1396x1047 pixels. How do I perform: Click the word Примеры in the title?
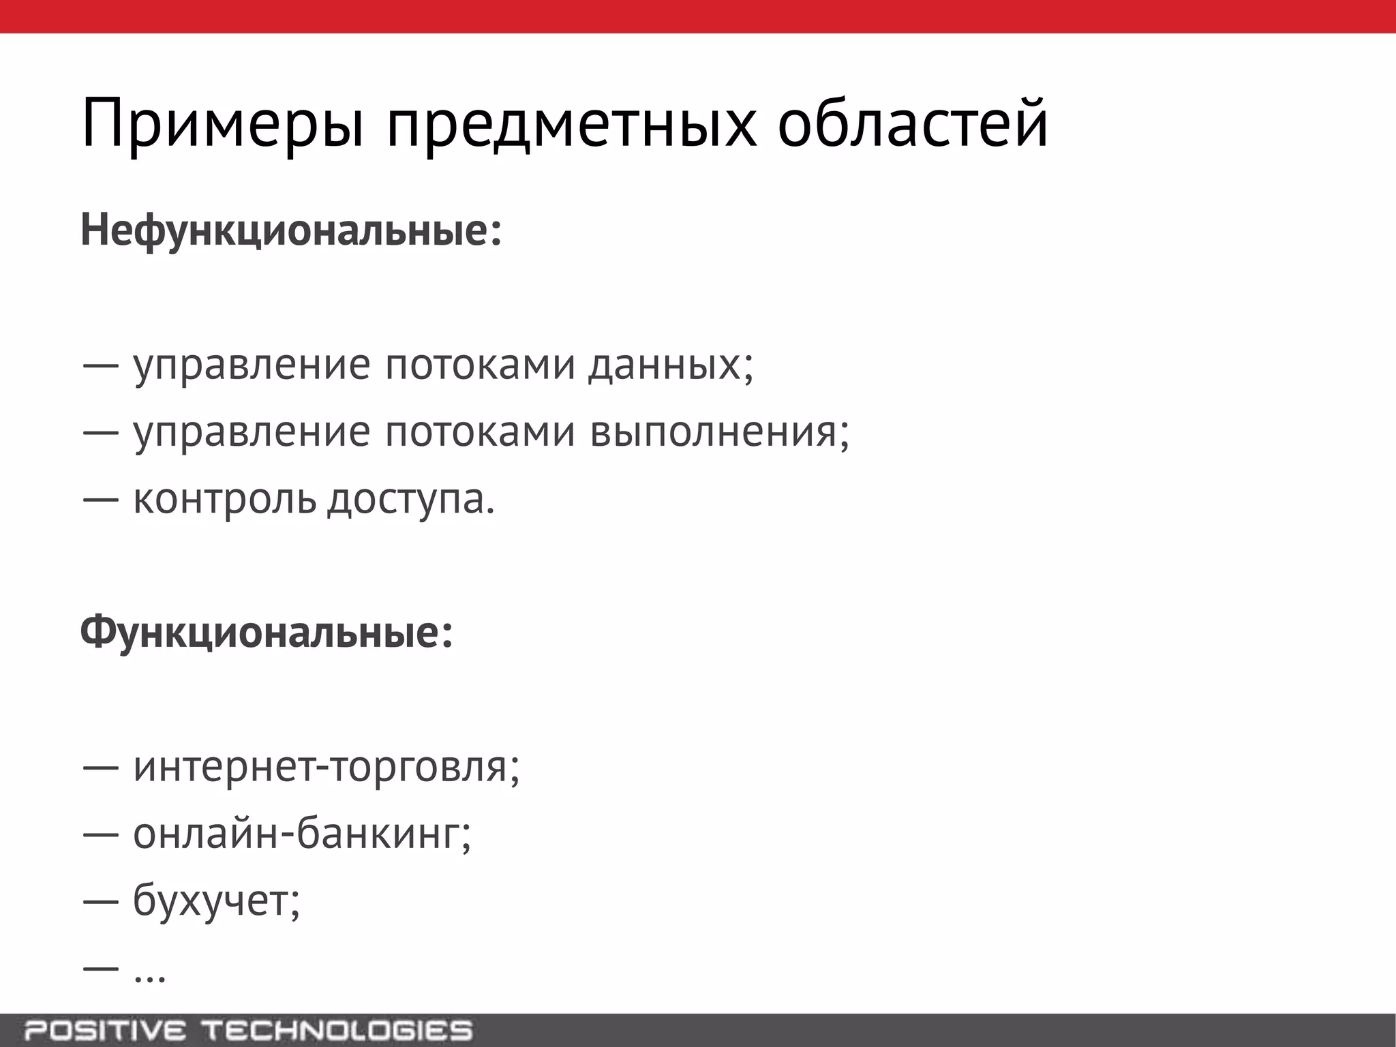(x=222, y=124)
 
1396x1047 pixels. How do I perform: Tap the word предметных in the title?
(x=571, y=124)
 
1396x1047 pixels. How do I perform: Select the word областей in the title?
(x=912, y=124)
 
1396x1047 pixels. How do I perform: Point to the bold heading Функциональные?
(x=267, y=633)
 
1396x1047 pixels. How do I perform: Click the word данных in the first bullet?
(x=671, y=366)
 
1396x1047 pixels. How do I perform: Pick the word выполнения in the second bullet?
(x=718, y=433)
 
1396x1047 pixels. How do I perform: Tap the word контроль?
(x=225, y=500)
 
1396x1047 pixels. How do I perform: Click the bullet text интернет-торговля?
(x=326, y=767)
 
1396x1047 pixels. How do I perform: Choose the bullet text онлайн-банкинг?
(x=301, y=834)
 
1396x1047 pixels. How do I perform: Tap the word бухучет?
(x=215, y=900)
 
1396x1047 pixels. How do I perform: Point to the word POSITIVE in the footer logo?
(x=106, y=1031)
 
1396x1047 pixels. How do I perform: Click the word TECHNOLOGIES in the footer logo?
(x=339, y=1031)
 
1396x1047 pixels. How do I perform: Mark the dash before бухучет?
(x=101, y=902)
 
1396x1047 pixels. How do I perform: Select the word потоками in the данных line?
(x=480, y=366)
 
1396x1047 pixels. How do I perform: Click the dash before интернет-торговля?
(x=101, y=768)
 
